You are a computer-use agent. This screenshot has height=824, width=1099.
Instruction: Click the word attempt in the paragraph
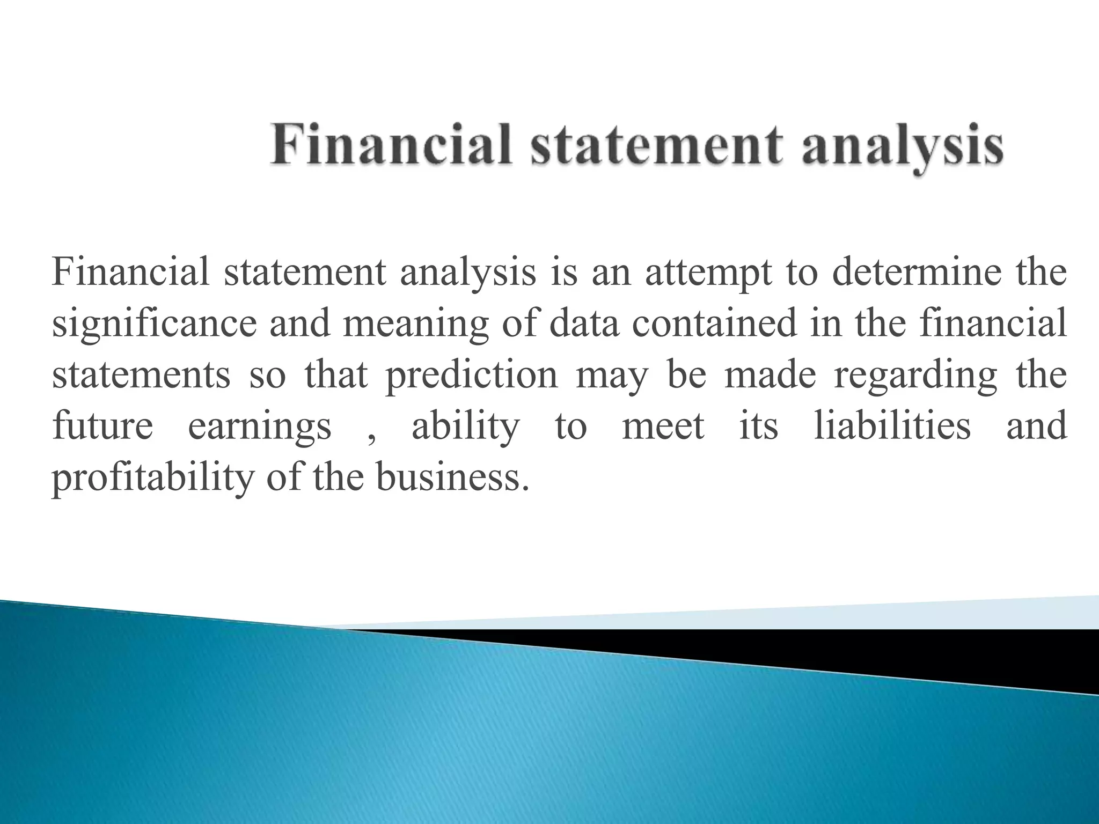click(708, 273)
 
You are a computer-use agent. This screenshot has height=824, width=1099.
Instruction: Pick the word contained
click(714, 324)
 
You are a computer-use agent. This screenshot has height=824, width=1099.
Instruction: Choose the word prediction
click(472, 375)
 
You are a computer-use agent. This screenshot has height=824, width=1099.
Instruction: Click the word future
click(102, 426)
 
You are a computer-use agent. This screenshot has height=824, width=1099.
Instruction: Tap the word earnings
click(260, 426)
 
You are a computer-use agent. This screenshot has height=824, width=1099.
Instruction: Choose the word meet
click(663, 426)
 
